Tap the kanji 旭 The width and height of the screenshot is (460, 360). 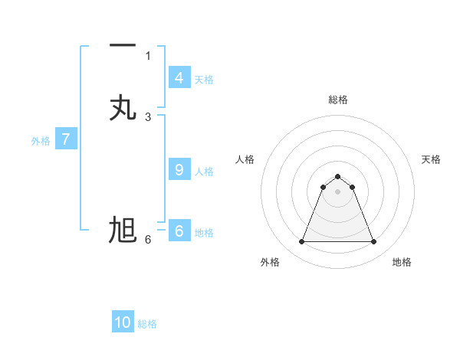(x=123, y=230)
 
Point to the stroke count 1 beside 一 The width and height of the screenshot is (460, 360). (x=148, y=55)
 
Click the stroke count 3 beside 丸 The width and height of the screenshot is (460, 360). (x=148, y=116)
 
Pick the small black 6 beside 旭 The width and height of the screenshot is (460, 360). (x=148, y=239)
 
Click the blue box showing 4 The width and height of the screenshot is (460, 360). (x=179, y=78)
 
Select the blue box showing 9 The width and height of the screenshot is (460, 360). (x=179, y=170)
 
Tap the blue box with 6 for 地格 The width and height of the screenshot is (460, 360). (x=179, y=231)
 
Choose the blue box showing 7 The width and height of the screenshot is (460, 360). (x=66, y=139)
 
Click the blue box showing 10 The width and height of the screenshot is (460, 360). (x=123, y=322)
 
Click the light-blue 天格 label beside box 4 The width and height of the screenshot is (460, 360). (x=204, y=80)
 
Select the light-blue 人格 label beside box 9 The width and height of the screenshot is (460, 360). (x=204, y=172)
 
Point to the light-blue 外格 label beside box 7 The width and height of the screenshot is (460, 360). (x=41, y=141)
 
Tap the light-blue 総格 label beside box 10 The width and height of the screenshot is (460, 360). (x=147, y=324)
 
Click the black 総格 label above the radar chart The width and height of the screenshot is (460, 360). (x=337, y=100)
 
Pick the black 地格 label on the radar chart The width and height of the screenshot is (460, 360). (x=402, y=263)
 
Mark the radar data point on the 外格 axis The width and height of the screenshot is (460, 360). (x=301, y=242)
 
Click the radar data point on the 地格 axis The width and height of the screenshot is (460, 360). (x=373, y=242)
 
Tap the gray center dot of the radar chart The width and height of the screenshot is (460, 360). (x=337, y=191)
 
